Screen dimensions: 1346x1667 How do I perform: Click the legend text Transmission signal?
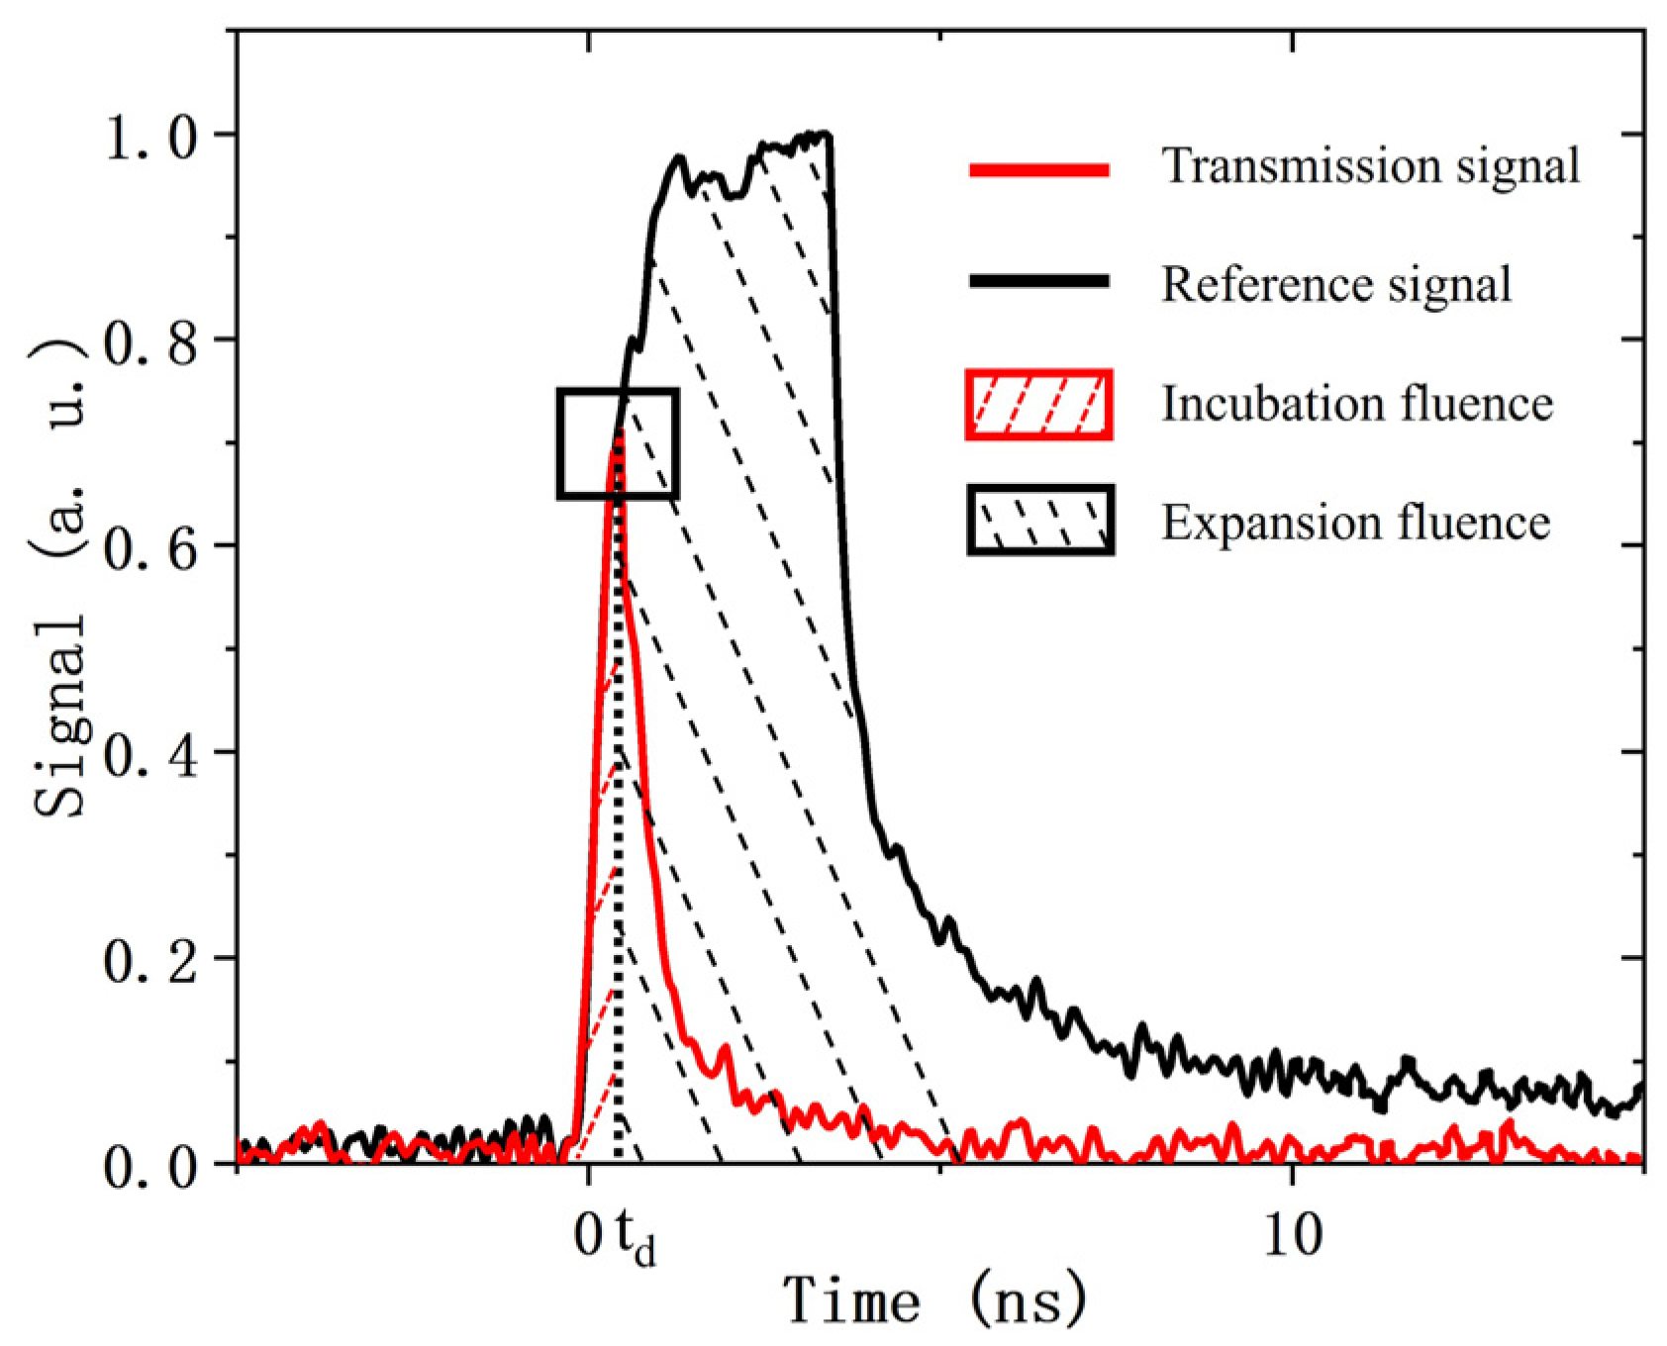click(x=1370, y=165)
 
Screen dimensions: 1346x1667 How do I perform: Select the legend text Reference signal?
click(x=1335, y=284)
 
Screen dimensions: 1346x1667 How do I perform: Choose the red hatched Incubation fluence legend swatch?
click(x=1038, y=404)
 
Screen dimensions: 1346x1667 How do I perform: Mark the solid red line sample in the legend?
click(x=1038, y=170)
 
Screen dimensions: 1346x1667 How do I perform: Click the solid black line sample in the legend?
click(x=1038, y=282)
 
